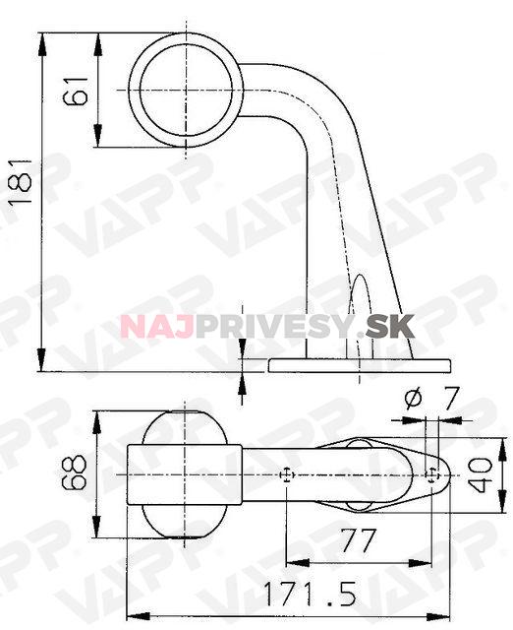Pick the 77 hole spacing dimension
click(361, 541)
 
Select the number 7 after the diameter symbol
click(451, 399)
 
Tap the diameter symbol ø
click(413, 399)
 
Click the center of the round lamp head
click(186, 90)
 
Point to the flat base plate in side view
click(360, 365)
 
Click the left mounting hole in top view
click(285, 475)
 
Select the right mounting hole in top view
click(432, 475)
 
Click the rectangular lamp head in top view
click(187, 475)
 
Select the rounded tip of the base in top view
click(445, 475)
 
